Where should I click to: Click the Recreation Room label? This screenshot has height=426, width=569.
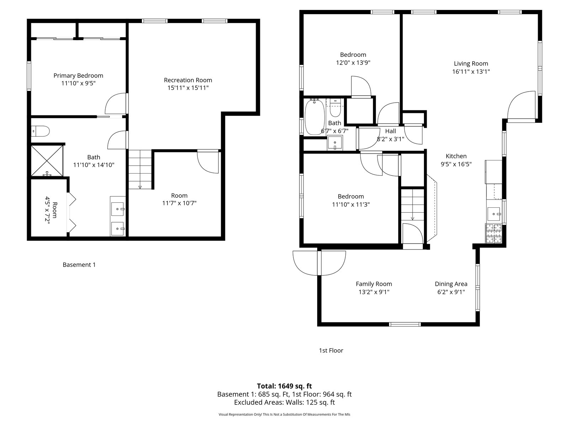pos(188,80)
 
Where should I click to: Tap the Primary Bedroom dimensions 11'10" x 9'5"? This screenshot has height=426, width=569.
pos(78,83)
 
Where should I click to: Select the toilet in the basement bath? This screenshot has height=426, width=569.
pos(40,131)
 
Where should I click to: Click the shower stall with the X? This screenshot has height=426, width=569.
pos(47,160)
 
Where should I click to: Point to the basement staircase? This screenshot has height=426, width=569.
pos(140,169)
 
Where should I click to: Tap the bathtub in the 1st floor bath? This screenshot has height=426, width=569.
pos(315,117)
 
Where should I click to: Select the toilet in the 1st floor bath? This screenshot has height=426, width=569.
pos(335,108)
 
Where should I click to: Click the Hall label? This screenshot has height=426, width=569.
pos(390,131)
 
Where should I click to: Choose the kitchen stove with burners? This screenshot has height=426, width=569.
pos(494,234)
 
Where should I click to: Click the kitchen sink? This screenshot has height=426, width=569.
pos(494,214)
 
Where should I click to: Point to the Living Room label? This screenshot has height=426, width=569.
pos(471,64)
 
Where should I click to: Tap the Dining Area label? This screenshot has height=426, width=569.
pos(451,284)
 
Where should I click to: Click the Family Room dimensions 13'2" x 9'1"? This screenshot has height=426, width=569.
pos(374,292)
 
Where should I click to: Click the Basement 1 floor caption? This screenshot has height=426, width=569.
pos(79,265)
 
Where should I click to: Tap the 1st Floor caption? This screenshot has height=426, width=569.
pos(331,350)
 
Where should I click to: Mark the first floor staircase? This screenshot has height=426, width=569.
pos(413,204)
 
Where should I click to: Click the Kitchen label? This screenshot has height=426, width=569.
pos(456,156)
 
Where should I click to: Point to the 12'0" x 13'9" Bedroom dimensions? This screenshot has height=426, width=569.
pos(353,62)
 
